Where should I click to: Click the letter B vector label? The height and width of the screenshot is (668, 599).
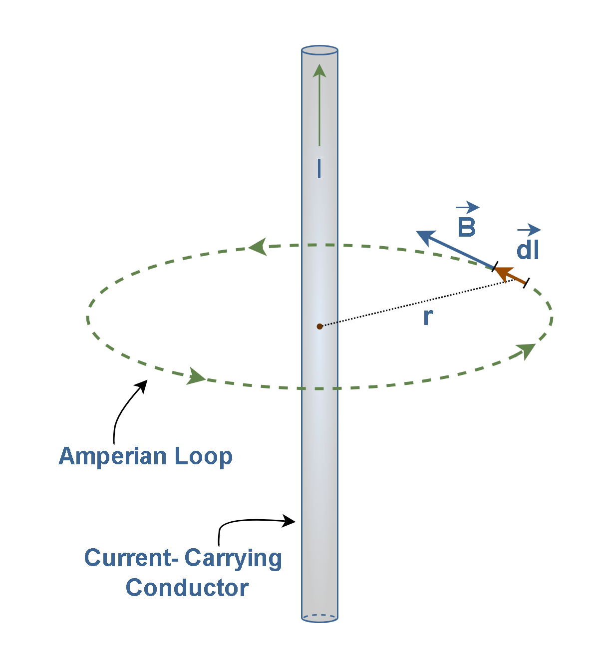tap(467, 227)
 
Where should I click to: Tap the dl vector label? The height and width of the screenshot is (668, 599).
tap(527, 250)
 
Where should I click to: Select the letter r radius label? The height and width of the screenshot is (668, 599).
tap(428, 317)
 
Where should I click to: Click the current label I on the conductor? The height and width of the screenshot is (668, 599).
tap(319, 168)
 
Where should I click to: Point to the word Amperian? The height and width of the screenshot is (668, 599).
tap(112, 457)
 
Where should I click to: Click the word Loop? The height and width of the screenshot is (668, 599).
tap(203, 456)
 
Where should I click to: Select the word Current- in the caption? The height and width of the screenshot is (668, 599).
tap(131, 558)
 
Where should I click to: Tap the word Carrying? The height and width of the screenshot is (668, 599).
tap(233, 560)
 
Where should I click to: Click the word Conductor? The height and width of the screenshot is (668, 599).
tap(187, 588)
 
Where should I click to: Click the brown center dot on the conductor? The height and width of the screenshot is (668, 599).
tap(319, 327)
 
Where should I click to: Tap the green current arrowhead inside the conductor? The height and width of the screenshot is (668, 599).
tap(319, 70)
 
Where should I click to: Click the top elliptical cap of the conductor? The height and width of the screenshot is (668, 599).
tap(319, 50)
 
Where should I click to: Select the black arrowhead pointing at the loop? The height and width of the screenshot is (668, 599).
tap(142, 387)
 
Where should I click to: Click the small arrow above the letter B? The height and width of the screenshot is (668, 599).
tap(467, 207)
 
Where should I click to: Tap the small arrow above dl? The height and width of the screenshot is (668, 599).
tap(529, 230)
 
